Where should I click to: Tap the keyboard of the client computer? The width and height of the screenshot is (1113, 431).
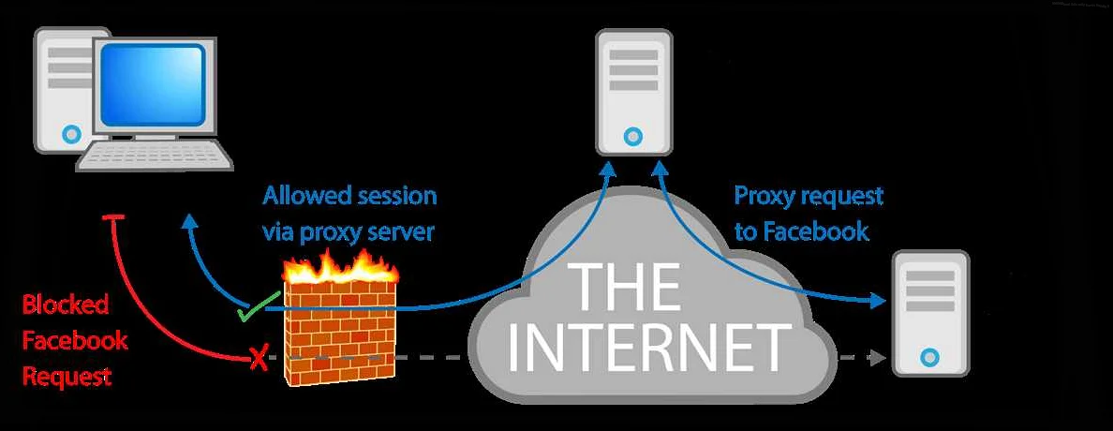(x=155, y=156)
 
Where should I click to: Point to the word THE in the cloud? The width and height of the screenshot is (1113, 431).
(x=627, y=286)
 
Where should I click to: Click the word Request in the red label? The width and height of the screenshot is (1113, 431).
(x=67, y=378)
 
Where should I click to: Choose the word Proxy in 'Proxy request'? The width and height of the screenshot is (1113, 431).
(x=763, y=197)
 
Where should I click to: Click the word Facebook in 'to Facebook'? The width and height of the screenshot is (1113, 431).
(x=814, y=231)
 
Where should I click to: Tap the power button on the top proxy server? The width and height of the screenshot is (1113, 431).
(x=633, y=137)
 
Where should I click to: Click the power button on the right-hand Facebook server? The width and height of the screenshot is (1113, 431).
(x=928, y=357)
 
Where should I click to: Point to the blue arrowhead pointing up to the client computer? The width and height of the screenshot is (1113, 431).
(x=190, y=221)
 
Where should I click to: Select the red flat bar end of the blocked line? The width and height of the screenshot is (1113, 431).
(x=114, y=219)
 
